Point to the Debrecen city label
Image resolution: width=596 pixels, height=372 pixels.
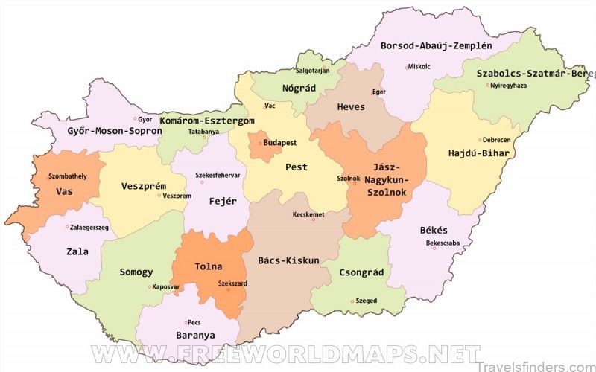(496, 139)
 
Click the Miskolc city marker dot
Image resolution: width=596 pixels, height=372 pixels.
(407, 67)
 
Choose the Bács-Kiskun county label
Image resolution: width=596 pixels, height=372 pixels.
(288, 260)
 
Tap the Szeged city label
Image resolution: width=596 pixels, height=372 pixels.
(367, 301)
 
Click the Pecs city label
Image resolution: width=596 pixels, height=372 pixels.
(194, 322)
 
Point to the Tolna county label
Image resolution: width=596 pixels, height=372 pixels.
(208, 266)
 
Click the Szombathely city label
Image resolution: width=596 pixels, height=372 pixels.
(67, 176)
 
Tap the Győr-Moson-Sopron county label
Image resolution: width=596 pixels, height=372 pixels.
(104, 130)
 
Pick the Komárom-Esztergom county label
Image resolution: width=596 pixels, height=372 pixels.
(208, 120)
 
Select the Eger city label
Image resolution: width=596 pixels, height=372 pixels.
(379, 92)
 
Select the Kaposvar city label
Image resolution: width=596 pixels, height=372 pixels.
(166, 286)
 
